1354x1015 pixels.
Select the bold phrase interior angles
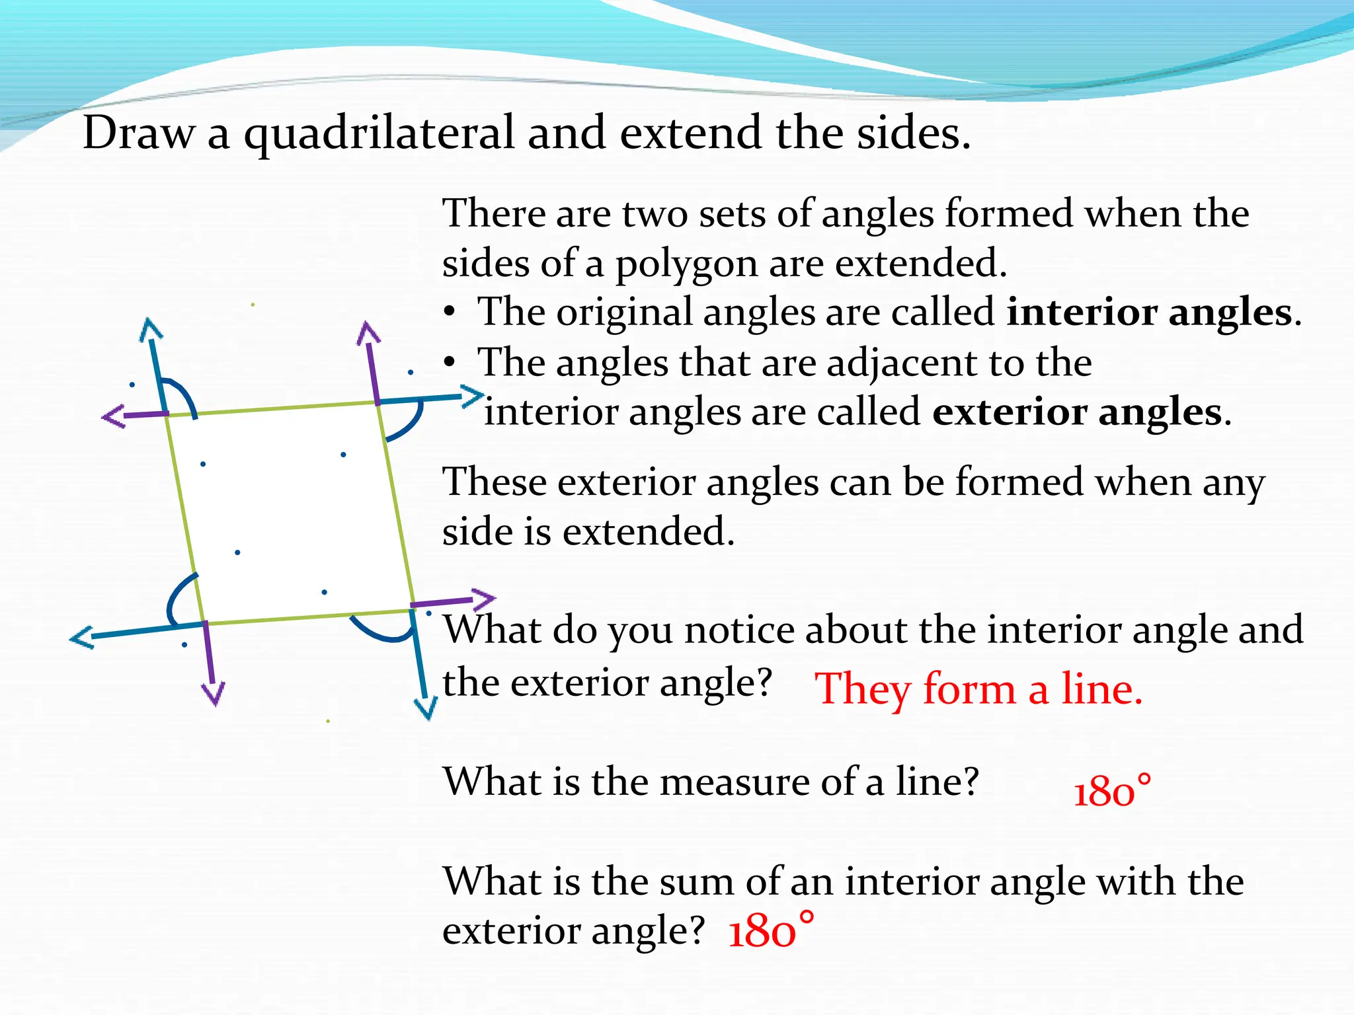(x=1149, y=312)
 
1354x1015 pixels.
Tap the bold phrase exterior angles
(x=1077, y=412)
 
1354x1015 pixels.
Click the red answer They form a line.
(x=978, y=689)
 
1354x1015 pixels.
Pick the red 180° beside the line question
(x=1112, y=790)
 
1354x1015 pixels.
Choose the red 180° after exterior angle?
(x=770, y=930)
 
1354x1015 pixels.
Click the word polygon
(x=686, y=264)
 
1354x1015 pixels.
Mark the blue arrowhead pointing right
(x=473, y=396)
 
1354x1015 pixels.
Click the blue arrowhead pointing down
(x=425, y=709)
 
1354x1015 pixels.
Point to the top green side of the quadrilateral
(x=271, y=408)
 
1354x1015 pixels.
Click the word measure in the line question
(x=735, y=782)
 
